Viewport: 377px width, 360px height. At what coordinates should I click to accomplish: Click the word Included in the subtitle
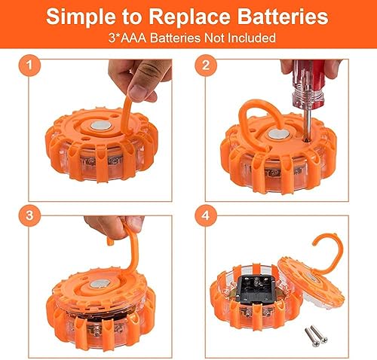point(252,37)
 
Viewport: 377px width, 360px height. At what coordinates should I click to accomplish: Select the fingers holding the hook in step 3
point(113,224)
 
